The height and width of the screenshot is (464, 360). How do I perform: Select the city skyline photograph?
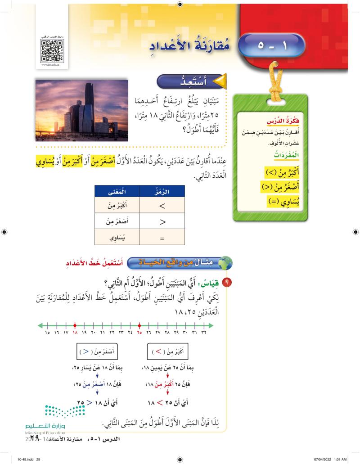81,111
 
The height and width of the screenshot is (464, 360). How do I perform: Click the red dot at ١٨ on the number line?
75,324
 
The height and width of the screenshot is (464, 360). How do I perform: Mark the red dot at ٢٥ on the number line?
139,324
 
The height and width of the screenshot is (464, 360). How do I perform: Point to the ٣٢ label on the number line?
204,333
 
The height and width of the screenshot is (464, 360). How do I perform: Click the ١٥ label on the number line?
47,333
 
